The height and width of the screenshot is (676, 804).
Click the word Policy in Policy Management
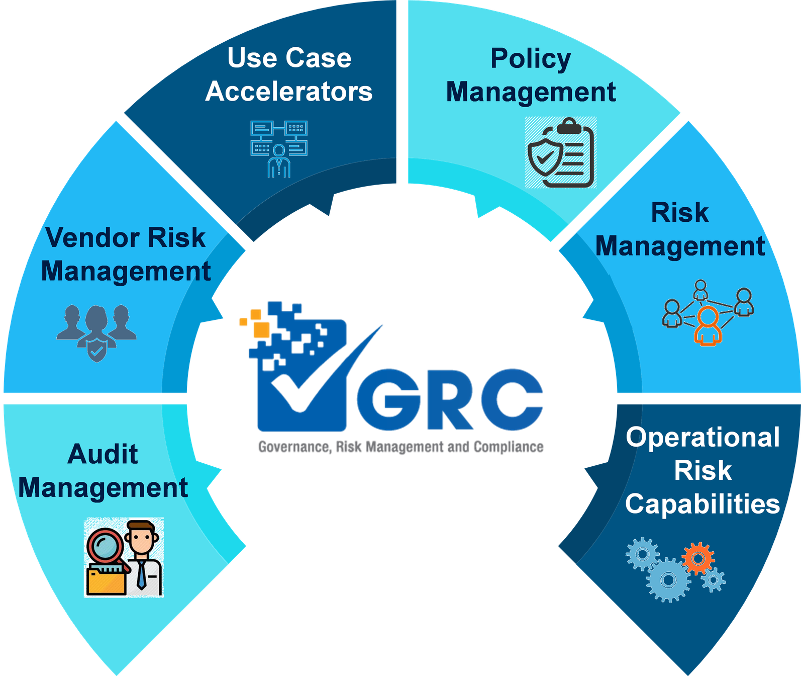point(531,59)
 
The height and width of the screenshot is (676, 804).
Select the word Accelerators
point(289,92)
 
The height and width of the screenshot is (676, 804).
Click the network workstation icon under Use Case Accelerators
point(279,148)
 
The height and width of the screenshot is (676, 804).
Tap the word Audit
point(103,454)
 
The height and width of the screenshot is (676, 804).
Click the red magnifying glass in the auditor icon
point(104,546)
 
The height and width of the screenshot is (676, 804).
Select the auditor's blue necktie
point(142,574)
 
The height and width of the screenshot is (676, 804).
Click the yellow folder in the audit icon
point(106,580)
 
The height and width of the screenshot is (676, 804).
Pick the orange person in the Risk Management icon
point(708,325)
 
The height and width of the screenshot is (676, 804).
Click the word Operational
point(702,437)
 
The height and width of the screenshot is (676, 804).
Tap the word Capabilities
point(702,504)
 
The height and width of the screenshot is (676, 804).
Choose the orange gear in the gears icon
point(698,558)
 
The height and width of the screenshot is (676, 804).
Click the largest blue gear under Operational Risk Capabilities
point(668,580)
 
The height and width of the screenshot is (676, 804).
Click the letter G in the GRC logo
point(388,400)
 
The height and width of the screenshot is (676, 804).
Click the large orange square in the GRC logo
point(261,329)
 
